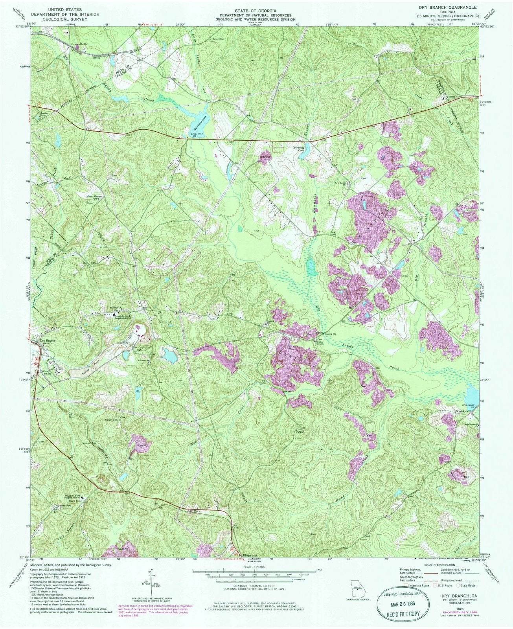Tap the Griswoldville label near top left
pos(79,44)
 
